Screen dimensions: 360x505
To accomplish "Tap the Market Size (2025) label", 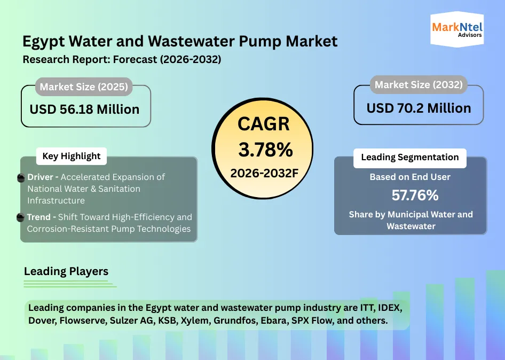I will tap(84, 87).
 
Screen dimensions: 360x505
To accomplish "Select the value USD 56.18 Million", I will tap(84, 109).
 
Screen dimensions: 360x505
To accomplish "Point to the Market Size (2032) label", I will tap(418, 84).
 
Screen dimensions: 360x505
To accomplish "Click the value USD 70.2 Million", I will tap(419, 108).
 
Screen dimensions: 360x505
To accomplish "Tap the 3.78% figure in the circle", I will tap(265, 150).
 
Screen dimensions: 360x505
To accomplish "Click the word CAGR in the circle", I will tap(264, 124).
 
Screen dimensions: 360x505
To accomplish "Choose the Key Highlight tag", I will tap(71, 156).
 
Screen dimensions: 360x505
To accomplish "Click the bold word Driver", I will tap(40, 177).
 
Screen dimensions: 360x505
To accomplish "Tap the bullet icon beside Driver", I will tap(21, 177).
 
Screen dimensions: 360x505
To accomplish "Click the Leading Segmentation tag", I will tap(409, 157).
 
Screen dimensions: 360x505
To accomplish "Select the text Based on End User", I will tap(410, 177).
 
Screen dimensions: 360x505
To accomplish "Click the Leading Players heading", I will tap(66, 271).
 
